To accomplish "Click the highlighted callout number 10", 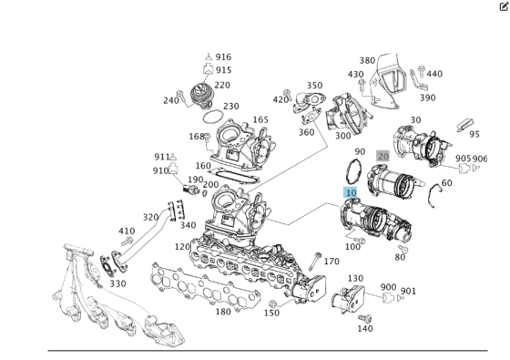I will [x=351, y=192].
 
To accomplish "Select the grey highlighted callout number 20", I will [x=382, y=156].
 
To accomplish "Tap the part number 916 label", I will [x=223, y=57].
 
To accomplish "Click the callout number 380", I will [x=367, y=61].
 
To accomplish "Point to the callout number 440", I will [x=434, y=74].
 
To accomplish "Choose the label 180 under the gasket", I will [x=222, y=312].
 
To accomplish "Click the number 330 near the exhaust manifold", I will [x=117, y=283].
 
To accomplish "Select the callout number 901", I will [x=408, y=292].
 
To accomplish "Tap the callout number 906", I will [x=480, y=159].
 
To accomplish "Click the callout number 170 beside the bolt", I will [x=331, y=262].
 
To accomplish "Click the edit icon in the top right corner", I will [x=503, y=6].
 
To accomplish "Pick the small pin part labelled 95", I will [x=461, y=123].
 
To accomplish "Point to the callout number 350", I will [x=314, y=85].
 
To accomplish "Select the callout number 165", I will [x=260, y=119].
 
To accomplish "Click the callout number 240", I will [x=170, y=100].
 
